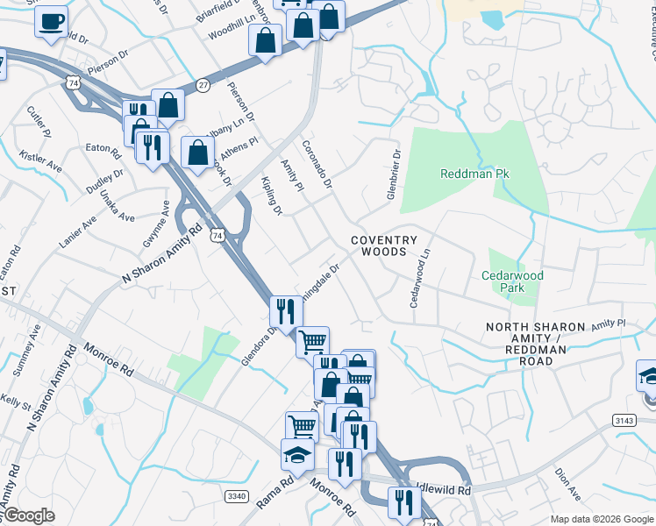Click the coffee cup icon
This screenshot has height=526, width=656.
52,20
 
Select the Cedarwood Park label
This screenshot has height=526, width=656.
513,281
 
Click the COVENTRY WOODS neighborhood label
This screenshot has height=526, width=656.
391,245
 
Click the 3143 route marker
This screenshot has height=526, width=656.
625,422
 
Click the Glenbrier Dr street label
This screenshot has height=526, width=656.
393,172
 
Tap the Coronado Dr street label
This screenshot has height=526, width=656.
317,164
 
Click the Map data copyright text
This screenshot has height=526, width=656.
602,519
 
